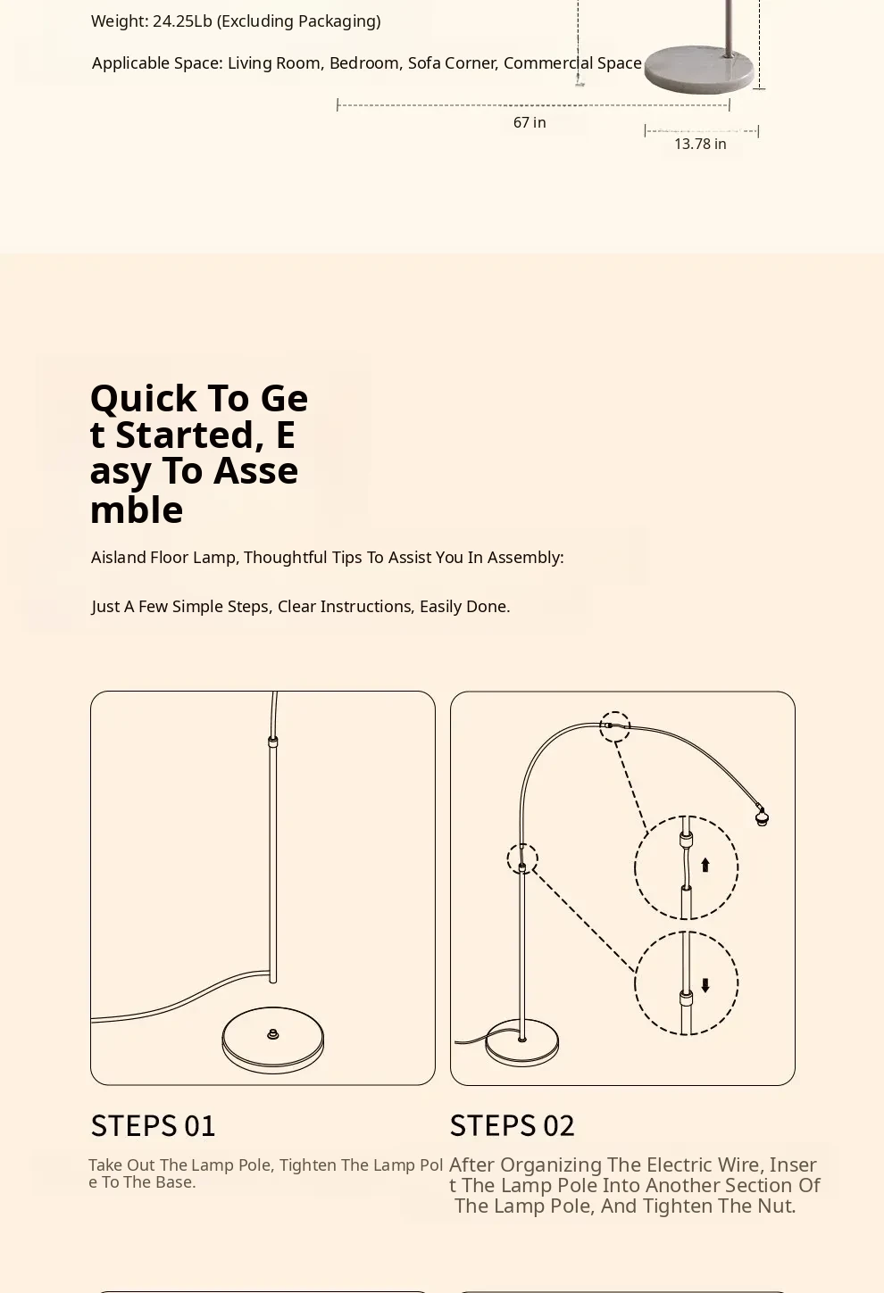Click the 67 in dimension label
click(x=530, y=122)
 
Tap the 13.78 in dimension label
click(x=700, y=144)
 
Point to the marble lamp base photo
click(x=699, y=70)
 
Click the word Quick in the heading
click(x=143, y=398)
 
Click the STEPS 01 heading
click(x=153, y=1125)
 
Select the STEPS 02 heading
click(x=512, y=1125)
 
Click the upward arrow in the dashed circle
click(x=705, y=864)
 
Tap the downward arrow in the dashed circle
click(x=705, y=985)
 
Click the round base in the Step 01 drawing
click(x=272, y=1040)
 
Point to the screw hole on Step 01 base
click(x=272, y=1034)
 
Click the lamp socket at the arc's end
click(x=762, y=816)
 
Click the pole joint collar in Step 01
click(x=272, y=742)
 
